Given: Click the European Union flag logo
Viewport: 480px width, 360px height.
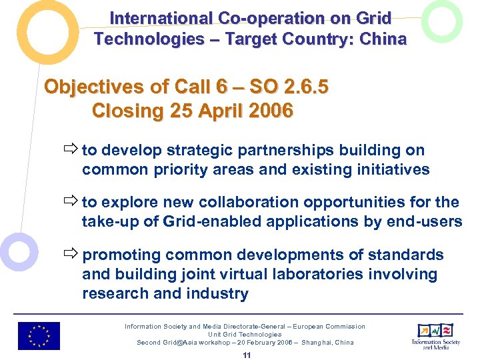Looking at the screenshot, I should (x=39, y=336).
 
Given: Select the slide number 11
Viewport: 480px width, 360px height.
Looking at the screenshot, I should (x=247, y=355).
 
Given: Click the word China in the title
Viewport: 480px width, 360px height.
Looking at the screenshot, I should (x=383, y=39).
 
